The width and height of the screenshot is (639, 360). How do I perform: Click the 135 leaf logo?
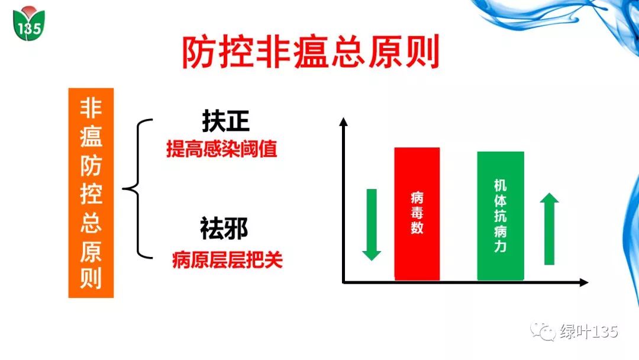28,24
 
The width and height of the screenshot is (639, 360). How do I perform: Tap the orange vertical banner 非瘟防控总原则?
91,193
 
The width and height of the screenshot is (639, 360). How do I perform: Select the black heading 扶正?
225,121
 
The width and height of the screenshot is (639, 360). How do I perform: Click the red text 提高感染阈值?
222,149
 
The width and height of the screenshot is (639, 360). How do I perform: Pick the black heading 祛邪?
224,229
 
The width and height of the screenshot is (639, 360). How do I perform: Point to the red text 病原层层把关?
227,259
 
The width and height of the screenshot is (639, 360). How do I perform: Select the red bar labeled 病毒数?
417,214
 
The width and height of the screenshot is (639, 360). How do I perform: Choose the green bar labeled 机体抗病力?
501,216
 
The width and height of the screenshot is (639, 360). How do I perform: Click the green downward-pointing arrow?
372,224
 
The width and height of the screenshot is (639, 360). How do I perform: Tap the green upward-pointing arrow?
549,229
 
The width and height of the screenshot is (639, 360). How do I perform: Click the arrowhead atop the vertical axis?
344,121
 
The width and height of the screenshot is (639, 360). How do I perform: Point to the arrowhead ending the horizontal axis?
583,282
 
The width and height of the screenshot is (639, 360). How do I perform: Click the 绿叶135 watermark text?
589,332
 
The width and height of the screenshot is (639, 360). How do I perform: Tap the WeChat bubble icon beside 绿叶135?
543,332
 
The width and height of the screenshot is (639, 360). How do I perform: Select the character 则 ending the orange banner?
91,278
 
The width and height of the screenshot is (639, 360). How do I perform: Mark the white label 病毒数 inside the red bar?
417,213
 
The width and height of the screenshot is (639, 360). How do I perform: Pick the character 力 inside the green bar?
501,246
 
